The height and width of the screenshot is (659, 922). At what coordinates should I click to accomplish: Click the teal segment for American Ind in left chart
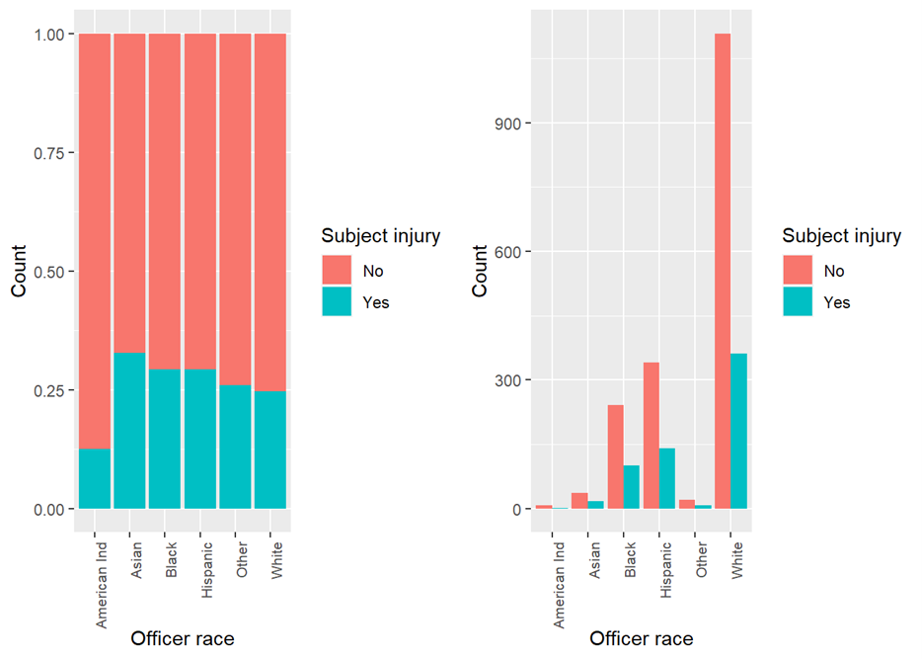tap(94, 478)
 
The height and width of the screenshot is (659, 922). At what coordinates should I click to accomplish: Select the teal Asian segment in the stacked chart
tap(129, 431)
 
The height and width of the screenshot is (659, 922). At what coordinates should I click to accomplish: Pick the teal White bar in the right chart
tap(739, 431)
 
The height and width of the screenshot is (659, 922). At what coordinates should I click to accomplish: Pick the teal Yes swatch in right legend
tap(798, 302)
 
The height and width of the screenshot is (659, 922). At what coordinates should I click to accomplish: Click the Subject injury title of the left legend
tap(380, 236)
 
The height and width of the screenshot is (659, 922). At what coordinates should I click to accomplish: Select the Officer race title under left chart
tap(183, 639)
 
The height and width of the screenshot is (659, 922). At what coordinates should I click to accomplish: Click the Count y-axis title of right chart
tap(480, 272)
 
